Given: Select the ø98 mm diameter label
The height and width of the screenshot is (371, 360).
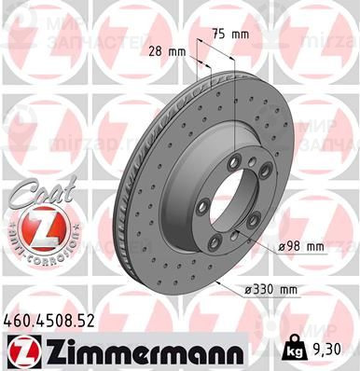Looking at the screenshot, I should click(300, 247).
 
